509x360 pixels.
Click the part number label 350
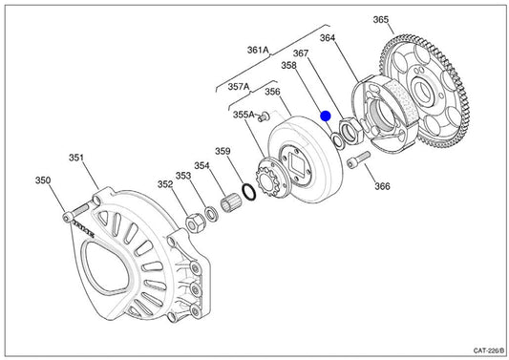[x=43, y=180]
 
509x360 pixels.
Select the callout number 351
[x=76, y=158]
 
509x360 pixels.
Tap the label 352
[x=165, y=184]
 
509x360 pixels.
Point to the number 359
[x=223, y=151]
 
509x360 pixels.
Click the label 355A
[x=244, y=115]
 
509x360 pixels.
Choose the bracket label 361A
[x=258, y=50]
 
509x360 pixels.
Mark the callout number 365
[x=381, y=19]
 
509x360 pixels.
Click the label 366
[x=382, y=186]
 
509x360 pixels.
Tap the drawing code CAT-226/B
[x=489, y=350]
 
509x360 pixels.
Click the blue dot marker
[x=326, y=116]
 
